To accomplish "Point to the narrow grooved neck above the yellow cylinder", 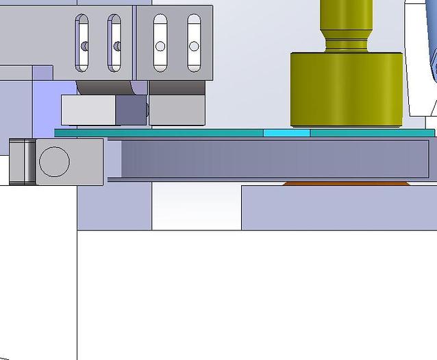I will (346, 43).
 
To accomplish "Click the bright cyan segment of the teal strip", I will (286, 132).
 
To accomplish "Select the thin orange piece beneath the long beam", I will (346, 183).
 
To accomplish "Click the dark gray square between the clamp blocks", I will (129, 110).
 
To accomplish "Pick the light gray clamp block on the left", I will (88, 110).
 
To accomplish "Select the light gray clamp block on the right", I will (177, 110).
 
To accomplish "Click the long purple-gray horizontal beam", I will (274, 159).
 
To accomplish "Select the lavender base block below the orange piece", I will (339, 207).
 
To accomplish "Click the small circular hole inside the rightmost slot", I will (194, 46).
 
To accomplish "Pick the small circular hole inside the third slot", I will (160, 46).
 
